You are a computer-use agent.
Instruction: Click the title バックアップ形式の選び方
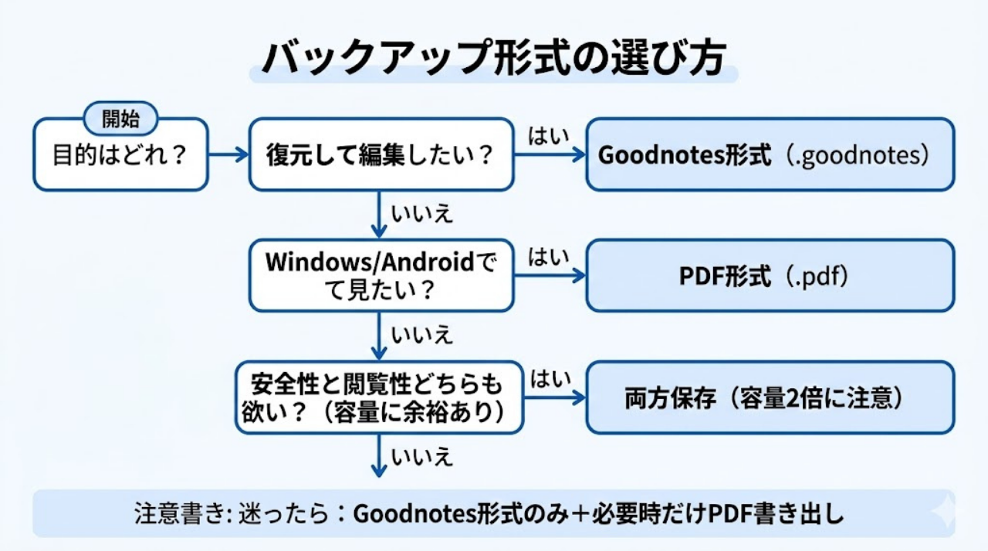493,58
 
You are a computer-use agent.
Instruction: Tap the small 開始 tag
120,119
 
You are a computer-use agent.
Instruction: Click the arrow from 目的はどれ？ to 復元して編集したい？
228,155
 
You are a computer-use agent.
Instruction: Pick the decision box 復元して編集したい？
381,155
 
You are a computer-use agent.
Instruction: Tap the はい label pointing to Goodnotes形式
548,136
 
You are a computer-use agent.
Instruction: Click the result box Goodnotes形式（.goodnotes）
770,155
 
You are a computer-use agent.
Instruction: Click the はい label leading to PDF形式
548,258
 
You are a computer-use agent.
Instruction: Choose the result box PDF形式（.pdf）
770,276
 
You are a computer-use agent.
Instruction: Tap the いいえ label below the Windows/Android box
421,336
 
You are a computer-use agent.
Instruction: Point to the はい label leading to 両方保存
548,379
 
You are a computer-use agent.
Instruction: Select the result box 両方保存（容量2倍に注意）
770,397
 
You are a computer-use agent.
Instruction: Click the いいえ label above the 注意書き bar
421,457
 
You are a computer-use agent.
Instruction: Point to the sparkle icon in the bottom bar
942,513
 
